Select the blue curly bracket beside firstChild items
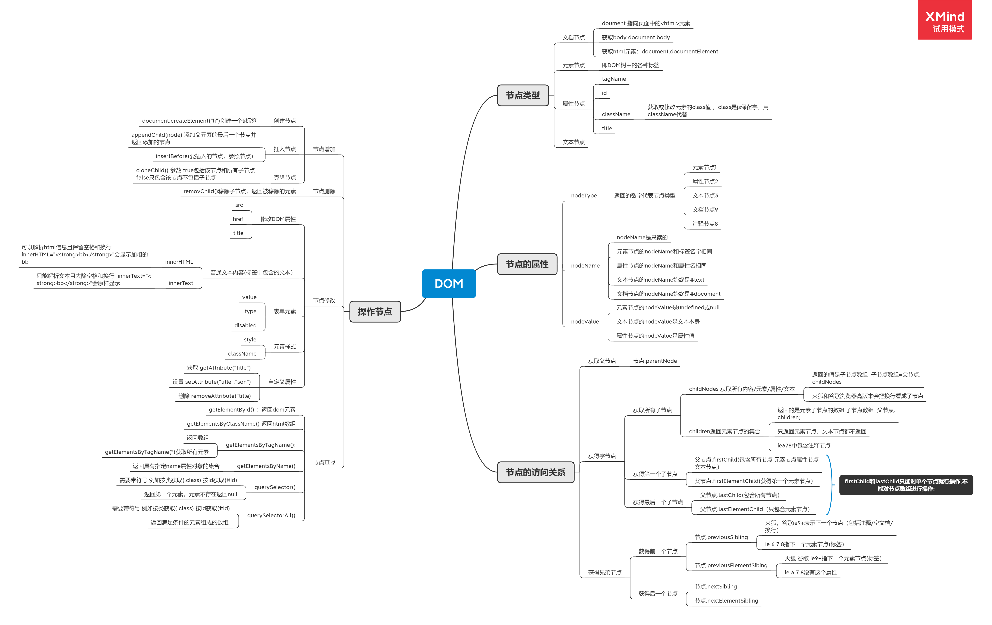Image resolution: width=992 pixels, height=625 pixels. pos(830,485)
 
